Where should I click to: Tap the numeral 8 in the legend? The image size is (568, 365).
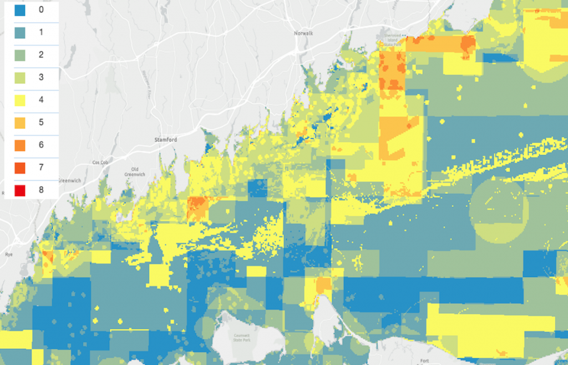pos(40,191)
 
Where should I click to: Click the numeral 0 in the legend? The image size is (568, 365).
pos(40,10)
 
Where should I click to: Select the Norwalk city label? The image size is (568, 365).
pos(303,33)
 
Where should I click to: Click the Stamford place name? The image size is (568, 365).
pos(165,140)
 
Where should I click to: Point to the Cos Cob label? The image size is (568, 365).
pos(99,163)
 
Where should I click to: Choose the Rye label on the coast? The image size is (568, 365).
pos(8,254)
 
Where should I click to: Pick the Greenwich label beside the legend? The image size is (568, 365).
pos(69,180)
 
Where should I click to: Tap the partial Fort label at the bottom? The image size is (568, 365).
pos(425,362)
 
